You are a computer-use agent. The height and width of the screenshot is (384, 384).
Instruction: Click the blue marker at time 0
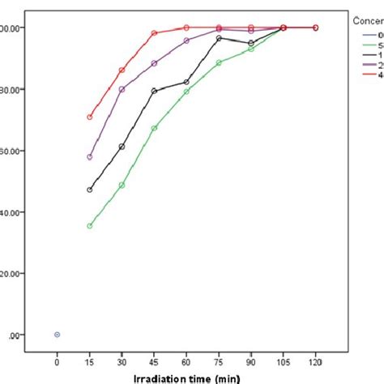pos(57,335)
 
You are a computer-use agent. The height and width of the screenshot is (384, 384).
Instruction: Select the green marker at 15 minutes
pos(89,226)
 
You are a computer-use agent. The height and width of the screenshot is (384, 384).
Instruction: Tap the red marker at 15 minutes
pos(89,117)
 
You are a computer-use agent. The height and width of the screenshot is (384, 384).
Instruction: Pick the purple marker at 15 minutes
pos(89,157)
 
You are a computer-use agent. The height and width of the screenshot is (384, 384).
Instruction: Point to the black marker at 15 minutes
pos(89,190)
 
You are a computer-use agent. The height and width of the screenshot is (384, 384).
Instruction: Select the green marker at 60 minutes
pos(186,92)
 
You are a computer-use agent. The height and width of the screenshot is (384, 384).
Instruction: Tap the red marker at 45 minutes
pos(154,33)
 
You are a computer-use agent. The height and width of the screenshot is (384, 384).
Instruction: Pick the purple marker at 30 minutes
pos(122,89)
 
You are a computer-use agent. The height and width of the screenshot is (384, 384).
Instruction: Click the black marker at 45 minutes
pos(154,92)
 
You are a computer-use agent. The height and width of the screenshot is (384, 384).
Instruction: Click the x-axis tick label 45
pos(154,356)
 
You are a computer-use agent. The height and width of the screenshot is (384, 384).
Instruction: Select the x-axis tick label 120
pos(315,356)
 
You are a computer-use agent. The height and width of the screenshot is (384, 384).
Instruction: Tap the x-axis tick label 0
pos(57,356)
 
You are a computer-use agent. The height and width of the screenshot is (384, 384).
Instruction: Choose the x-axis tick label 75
pos(219,356)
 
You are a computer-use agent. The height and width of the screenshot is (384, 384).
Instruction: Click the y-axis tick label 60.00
pos(14,151)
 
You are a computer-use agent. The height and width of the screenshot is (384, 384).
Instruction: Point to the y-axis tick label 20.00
pos(14,274)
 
